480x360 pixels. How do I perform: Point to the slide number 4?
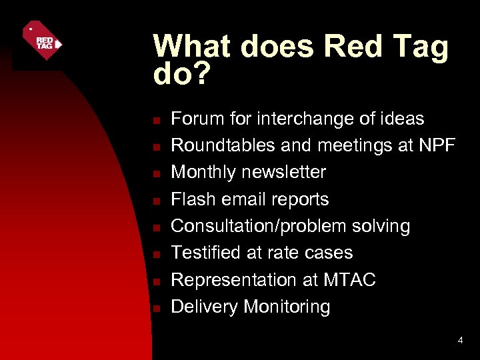pos(460,341)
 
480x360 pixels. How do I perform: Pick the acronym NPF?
pos(437,145)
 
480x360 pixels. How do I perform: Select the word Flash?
pos(191,199)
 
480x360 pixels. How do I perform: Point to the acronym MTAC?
pos(350,280)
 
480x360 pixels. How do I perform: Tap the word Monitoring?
pos(287,307)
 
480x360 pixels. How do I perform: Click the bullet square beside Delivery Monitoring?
pos(154,309)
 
